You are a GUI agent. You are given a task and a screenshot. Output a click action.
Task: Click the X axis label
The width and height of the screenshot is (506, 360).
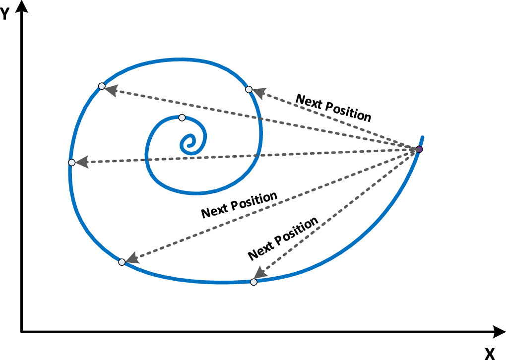(490, 353)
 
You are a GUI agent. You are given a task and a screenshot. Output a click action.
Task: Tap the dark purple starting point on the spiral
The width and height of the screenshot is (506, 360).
(419, 149)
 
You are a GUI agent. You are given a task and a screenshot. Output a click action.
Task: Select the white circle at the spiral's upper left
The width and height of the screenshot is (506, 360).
(102, 86)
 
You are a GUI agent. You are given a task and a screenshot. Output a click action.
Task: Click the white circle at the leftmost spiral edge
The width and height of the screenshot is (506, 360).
(72, 162)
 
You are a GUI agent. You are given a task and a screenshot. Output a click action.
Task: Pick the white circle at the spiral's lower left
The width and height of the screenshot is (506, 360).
(122, 262)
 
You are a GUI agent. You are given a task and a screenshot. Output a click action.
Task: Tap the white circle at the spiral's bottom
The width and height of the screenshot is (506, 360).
(253, 282)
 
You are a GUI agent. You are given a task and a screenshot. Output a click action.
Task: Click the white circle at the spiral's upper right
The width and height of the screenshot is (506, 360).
(249, 89)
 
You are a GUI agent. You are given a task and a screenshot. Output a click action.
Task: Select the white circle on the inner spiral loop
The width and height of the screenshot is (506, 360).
(182, 118)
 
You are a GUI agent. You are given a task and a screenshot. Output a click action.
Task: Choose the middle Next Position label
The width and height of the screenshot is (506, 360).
(239, 205)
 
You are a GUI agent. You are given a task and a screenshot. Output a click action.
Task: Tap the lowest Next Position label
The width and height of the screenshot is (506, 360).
(282, 239)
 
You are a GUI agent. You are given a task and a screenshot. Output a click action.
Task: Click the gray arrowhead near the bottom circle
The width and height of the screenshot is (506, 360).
(258, 274)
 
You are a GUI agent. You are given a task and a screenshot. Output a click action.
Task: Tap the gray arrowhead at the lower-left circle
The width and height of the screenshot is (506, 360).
(131, 258)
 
